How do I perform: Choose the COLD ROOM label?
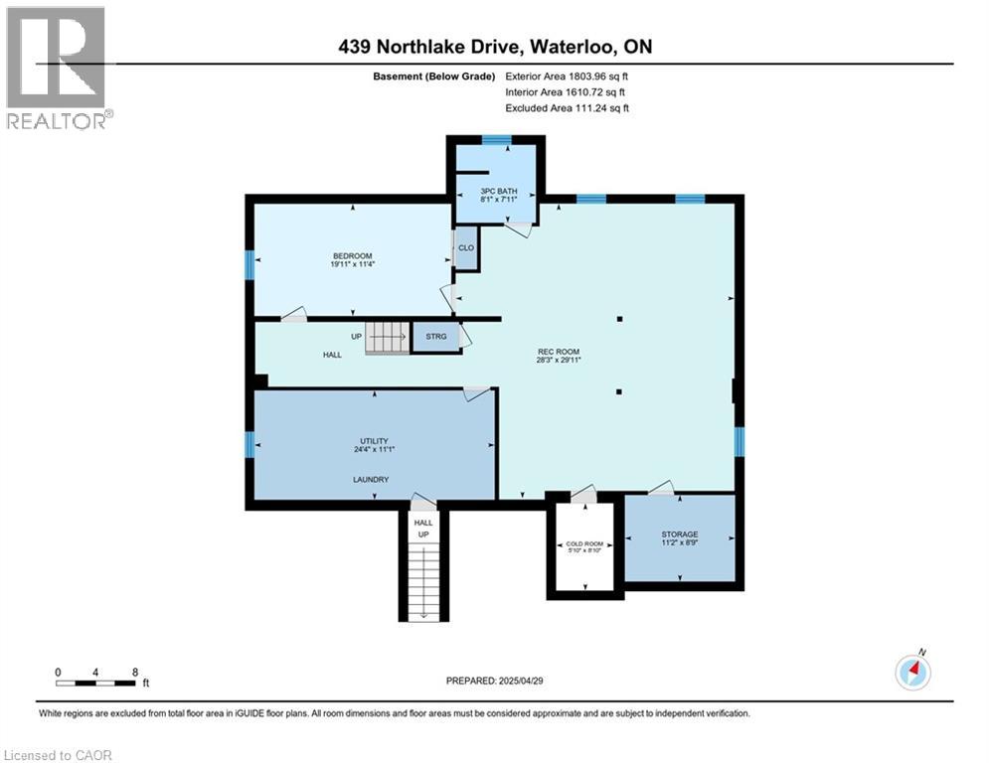[x=584, y=544]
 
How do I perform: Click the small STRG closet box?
[x=436, y=337]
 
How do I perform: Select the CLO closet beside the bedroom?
[x=465, y=248]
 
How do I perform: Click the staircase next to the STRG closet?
[x=388, y=338]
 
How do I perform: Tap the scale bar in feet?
[x=96, y=683]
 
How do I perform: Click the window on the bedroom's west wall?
[x=248, y=263]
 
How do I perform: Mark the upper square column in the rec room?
[x=619, y=319]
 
